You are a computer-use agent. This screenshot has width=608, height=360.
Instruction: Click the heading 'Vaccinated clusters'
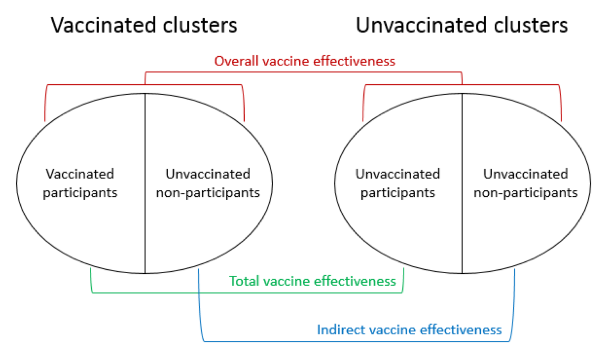pyautogui.click(x=144, y=25)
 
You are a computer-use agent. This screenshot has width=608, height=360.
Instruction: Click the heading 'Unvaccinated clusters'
pyautogui.click(x=461, y=25)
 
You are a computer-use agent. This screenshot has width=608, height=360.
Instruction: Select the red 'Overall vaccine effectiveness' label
pyautogui.click(x=304, y=61)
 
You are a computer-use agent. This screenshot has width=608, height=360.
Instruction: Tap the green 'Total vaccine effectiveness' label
pyautogui.click(x=312, y=281)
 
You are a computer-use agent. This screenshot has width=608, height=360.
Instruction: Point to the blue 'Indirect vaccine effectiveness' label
pyautogui.click(x=409, y=330)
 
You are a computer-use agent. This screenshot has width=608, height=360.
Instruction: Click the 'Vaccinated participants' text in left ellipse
pyautogui.click(x=80, y=183)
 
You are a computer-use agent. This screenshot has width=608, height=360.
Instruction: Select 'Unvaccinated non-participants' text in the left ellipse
pyautogui.click(x=208, y=183)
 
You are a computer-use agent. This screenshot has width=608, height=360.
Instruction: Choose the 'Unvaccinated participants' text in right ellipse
pyautogui.click(x=397, y=183)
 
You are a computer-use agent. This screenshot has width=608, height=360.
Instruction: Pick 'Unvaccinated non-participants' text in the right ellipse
pyautogui.click(x=525, y=183)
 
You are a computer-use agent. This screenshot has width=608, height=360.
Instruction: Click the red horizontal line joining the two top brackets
pyautogui.click(x=304, y=72)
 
